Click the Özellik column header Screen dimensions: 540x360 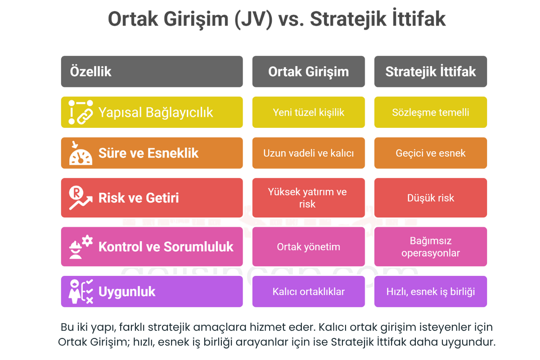[152, 72]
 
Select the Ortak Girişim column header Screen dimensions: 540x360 [309, 72]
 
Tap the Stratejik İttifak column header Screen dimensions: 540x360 [431, 72]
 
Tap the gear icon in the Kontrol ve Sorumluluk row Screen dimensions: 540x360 [87, 241]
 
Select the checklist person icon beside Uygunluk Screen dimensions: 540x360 [81, 292]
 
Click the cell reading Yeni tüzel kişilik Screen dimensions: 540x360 [309, 112]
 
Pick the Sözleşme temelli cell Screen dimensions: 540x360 [431, 112]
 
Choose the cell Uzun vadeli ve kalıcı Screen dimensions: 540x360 [309, 153]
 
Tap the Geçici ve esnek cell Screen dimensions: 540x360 [431, 153]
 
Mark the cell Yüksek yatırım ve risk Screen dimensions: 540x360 [309, 198]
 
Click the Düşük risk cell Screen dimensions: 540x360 [431, 198]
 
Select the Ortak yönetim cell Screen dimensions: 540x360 [309, 247]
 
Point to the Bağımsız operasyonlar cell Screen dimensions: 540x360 [431, 247]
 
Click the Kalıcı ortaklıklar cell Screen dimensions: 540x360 [309, 292]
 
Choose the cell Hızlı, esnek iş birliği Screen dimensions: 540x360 [431, 292]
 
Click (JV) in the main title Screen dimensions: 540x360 [254, 19]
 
